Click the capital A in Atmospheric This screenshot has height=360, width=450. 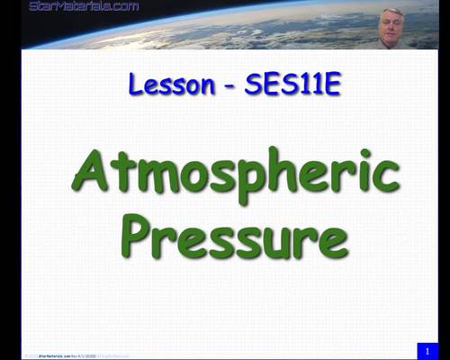(94, 171)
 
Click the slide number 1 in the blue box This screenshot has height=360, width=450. (428, 349)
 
